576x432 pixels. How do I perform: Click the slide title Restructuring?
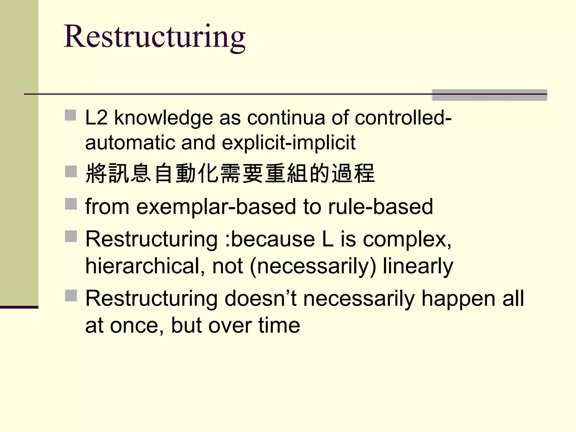pos(155,37)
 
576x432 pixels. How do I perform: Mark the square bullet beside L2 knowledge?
pos(71,115)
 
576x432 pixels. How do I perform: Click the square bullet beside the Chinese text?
pos(71,171)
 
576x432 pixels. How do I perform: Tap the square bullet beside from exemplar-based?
pos(71,204)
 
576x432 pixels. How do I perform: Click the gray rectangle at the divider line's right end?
pos(489,95)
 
